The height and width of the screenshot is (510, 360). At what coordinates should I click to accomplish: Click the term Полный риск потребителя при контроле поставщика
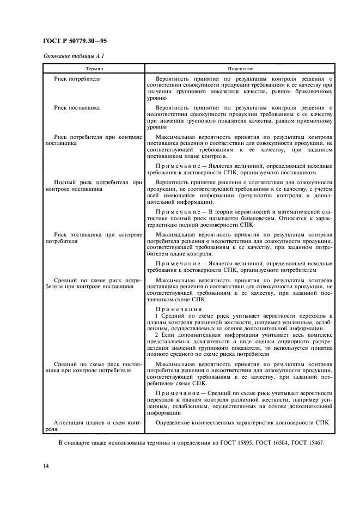[94, 185]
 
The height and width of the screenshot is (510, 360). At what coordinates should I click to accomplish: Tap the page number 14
[46, 466]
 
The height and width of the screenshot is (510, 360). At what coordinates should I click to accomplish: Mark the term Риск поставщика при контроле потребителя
[94, 237]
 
